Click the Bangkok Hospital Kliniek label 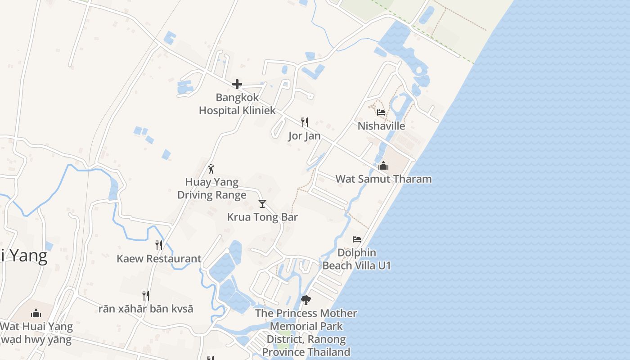click(x=237, y=104)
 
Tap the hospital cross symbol click(x=237, y=84)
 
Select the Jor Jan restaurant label click(x=305, y=136)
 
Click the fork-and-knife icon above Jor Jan click(x=305, y=122)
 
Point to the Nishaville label click(x=381, y=126)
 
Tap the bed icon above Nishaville click(x=381, y=112)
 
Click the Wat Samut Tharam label click(x=383, y=179)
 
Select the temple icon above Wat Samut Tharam click(x=383, y=166)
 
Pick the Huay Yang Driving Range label click(x=211, y=189)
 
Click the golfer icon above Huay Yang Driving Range click(x=211, y=169)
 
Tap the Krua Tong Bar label click(x=262, y=217)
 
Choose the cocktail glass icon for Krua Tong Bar click(x=262, y=204)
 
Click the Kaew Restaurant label click(x=159, y=259)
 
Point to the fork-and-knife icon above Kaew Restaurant click(x=159, y=245)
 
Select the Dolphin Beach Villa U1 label click(x=356, y=259)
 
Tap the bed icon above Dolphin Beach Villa click(x=357, y=239)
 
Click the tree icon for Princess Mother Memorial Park click(x=306, y=300)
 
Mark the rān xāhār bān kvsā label click(x=146, y=309)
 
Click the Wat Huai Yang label click(x=36, y=327)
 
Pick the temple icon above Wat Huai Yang click(x=36, y=313)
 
